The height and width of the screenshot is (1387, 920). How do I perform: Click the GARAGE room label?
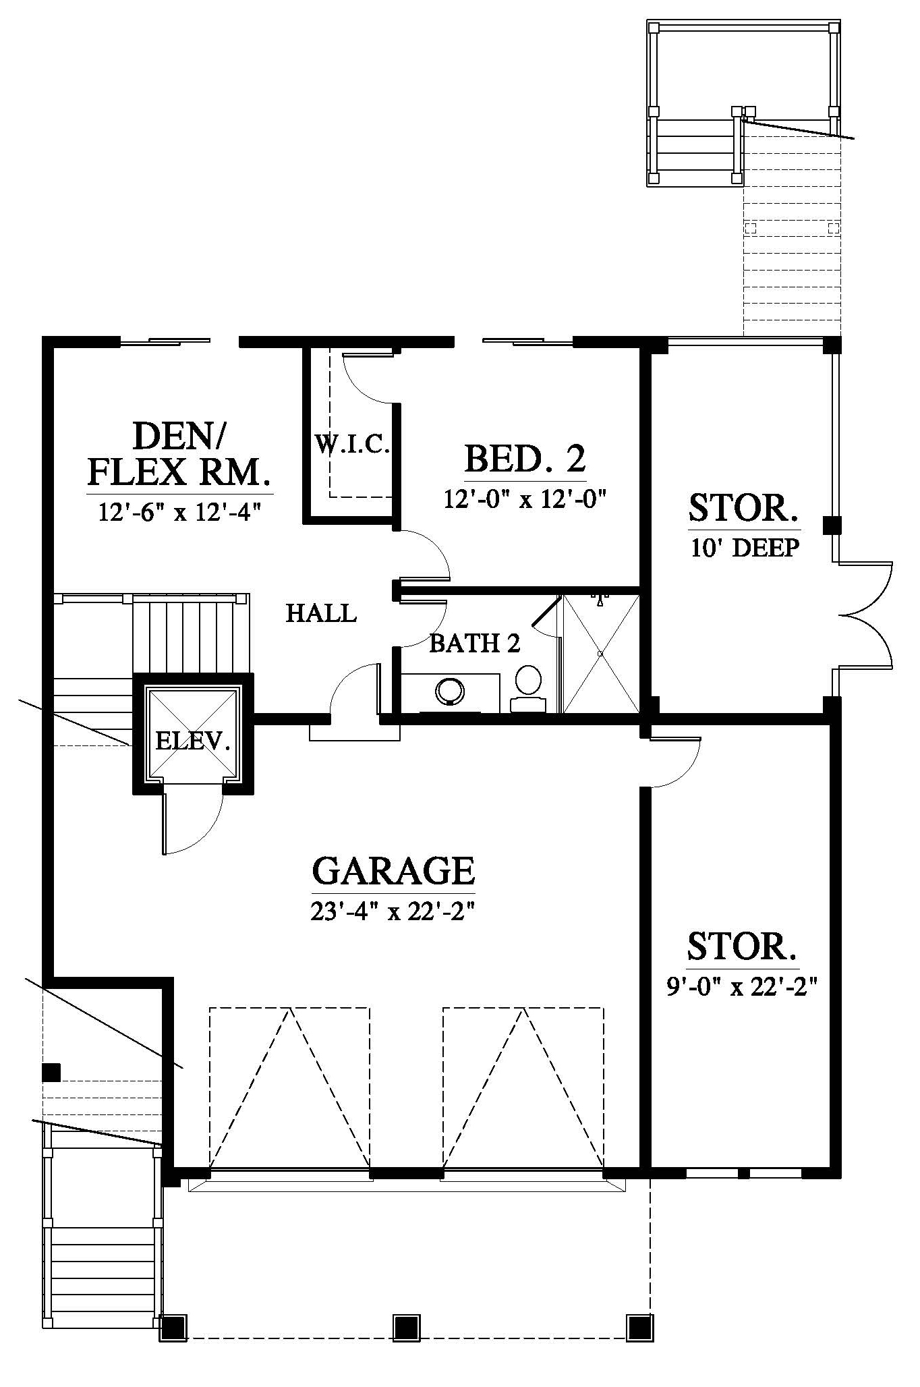pyautogui.click(x=394, y=870)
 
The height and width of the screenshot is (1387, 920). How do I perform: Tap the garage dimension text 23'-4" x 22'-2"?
pyautogui.click(x=394, y=911)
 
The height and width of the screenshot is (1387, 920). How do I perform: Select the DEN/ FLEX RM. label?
pyautogui.click(x=179, y=454)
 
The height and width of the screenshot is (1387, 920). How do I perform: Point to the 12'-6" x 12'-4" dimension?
pyautogui.click(x=179, y=513)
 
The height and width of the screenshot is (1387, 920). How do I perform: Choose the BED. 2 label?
pyautogui.click(x=525, y=459)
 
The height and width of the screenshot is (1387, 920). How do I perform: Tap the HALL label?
pyautogui.click(x=321, y=613)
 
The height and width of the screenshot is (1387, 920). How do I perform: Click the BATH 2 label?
pyautogui.click(x=475, y=644)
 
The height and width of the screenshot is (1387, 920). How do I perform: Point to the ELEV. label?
pyautogui.click(x=193, y=742)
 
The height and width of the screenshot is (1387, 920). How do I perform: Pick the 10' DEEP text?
pyautogui.click(x=745, y=548)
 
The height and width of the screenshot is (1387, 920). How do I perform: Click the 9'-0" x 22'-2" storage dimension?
pyautogui.click(x=742, y=988)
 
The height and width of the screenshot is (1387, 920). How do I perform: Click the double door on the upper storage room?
pyautogui.click(x=865, y=615)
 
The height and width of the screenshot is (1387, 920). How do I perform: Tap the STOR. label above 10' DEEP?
pyautogui.click(x=743, y=507)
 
